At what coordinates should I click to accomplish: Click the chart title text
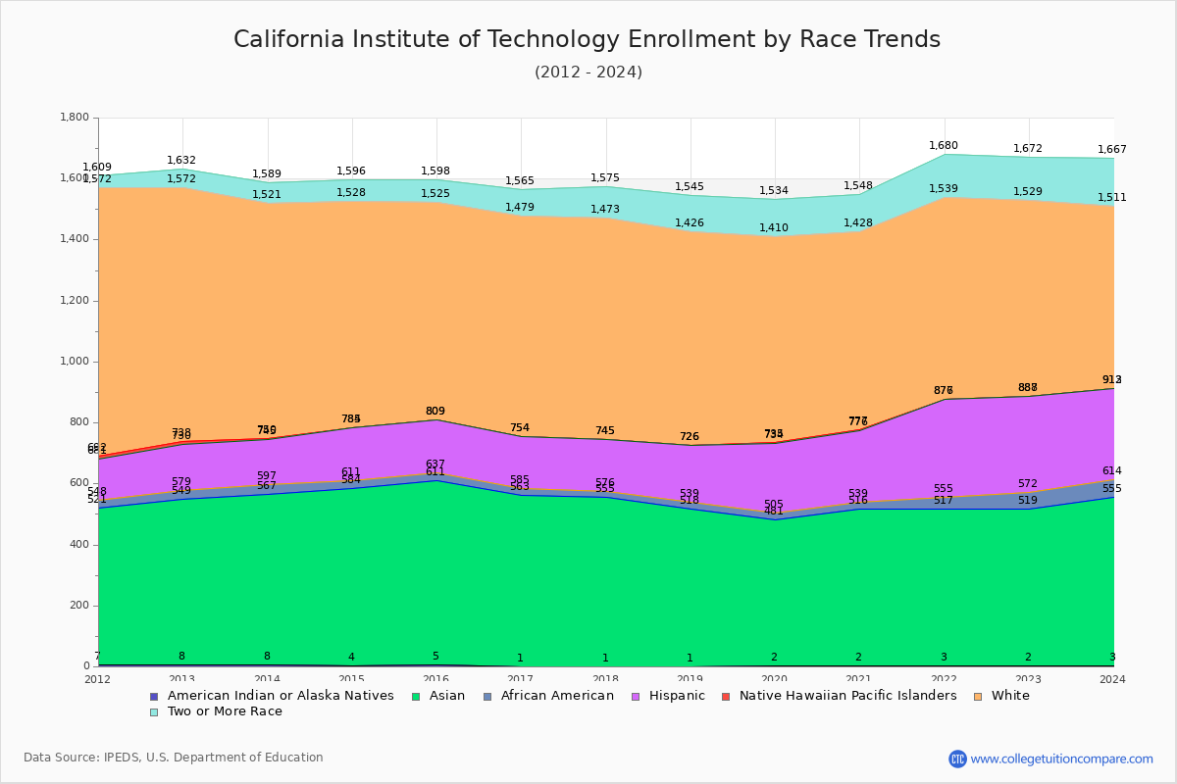tap(587, 40)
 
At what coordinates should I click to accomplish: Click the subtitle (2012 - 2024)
tap(588, 73)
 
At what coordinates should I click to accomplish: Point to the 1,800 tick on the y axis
tap(75, 118)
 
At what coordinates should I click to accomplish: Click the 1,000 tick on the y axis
tap(75, 362)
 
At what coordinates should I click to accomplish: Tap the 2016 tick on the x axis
tap(435, 679)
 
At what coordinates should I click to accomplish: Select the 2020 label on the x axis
tap(774, 679)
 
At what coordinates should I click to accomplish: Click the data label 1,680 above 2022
tap(944, 146)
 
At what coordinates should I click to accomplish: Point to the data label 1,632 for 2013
tap(181, 161)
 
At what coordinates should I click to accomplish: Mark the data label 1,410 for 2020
tap(774, 228)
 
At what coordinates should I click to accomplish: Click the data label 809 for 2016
tap(435, 412)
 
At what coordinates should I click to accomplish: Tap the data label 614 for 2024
tap(1112, 471)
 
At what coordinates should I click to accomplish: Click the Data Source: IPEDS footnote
tap(174, 758)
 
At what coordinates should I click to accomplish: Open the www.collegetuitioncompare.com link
tap(1061, 759)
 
